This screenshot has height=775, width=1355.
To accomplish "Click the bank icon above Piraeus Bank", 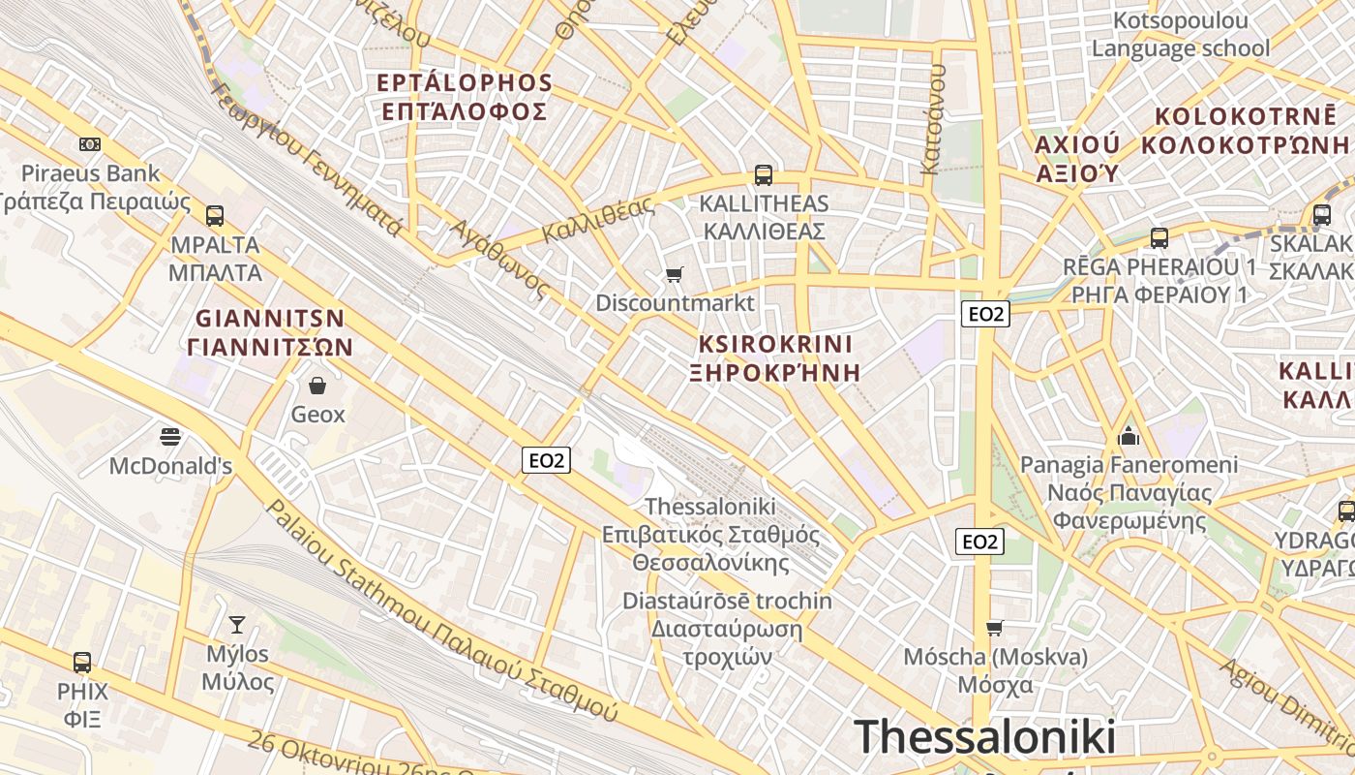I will pos(90,144).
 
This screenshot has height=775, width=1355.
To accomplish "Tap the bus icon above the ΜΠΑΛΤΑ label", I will pos(214,215).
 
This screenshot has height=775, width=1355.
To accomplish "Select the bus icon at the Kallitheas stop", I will pos(764,175).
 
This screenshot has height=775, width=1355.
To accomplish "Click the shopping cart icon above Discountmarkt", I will pos(675,275).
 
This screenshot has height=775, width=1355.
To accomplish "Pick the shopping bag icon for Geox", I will pos(317,386).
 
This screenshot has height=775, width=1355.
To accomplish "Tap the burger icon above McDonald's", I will pos(170,437).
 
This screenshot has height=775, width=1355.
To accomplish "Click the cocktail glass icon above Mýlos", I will pos(237,625).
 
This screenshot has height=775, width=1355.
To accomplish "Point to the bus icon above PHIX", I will pos(82,663).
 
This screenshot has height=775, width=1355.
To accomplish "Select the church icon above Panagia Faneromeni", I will pos(1128,436).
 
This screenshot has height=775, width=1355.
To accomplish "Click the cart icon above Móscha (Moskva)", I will pos(994,629).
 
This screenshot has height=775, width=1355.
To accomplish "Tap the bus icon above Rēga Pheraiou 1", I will pos(1159,237).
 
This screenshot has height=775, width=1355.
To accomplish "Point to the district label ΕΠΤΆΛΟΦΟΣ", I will pos(466,111).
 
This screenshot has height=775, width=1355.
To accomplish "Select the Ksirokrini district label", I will pos(775,344).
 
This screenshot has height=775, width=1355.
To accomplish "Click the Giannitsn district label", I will pos(270,319).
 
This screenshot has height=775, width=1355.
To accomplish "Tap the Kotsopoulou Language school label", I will pos(1181,35).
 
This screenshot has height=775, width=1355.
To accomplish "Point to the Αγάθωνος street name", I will pos(501,258).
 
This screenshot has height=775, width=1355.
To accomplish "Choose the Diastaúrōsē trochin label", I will pos(727,601).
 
